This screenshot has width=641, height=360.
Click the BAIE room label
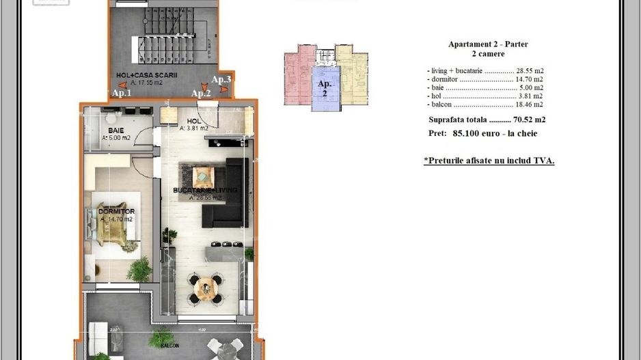point(115,129)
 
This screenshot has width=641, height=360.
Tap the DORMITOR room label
point(117,212)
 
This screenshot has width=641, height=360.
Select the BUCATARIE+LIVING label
point(195,190)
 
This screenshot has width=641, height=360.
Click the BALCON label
point(170,346)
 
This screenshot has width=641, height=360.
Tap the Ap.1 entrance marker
point(122,93)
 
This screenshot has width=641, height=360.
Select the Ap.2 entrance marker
point(200,93)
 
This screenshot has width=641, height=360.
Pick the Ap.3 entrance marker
point(221,80)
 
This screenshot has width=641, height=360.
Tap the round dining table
point(204,288)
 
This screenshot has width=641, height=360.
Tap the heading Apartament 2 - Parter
point(488,44)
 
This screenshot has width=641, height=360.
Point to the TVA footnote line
point(489,161)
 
